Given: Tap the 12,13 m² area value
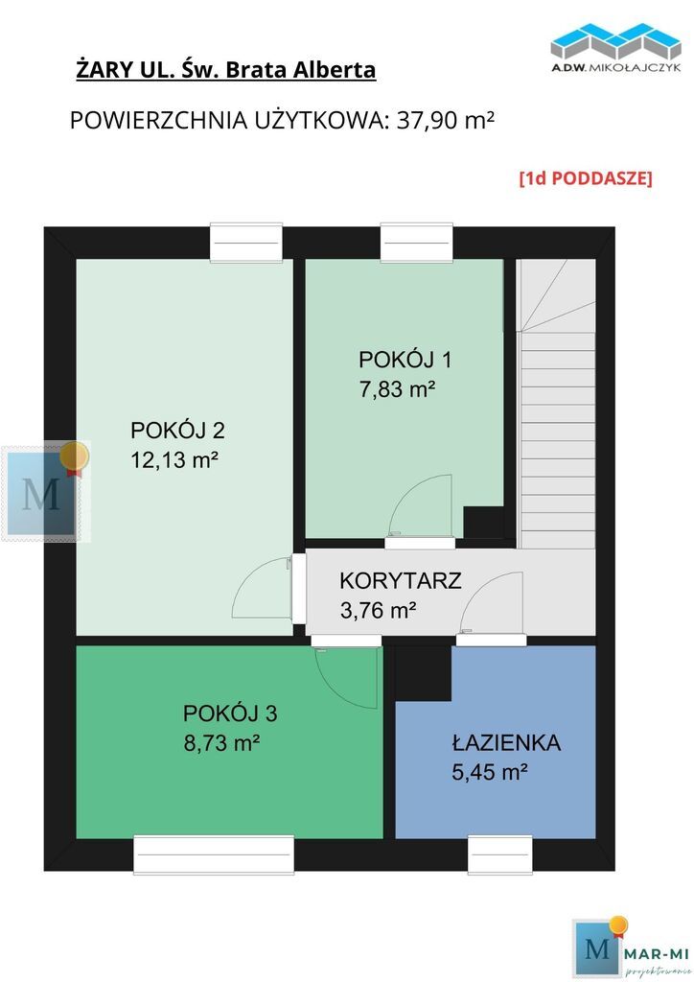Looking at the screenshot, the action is pyautogui.click(x=173, y=460).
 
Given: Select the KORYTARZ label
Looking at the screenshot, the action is pyautogui.click(x=401, y=580).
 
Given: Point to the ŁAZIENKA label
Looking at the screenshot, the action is pyautogui.click(x=506, y=742).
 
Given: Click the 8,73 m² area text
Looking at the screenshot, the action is pyautogui.click(x=221, y=743).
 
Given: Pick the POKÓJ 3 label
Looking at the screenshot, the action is pyautogui.click(x=230, y=713).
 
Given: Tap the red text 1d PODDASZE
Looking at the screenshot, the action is pyautogui.click(x=586, y=178).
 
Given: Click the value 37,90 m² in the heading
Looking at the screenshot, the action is pyautogui.click(x=446, y=120).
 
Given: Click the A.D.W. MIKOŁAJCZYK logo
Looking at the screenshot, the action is pyautogui.click(x=615, y=48).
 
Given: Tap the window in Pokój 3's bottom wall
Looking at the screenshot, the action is pyautogui.click(x=214, y=854).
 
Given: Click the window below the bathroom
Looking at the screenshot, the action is pyautogui.click(x=500, y=854).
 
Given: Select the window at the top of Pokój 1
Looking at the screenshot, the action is pyautogui.click(x=416, y=242).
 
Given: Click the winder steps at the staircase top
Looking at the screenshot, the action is pyautogui.click(x=557, y=295).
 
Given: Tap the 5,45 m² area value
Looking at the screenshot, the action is pyautogui.click(x=490, y=772).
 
